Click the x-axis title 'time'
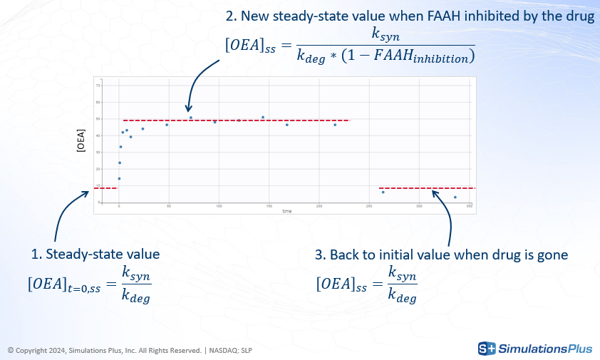286,211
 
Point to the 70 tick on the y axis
99,85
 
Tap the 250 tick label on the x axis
369,206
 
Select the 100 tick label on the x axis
219,206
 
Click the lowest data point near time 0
119,178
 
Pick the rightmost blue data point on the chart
455,197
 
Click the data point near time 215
335,125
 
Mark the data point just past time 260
383,192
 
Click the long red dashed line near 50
235,120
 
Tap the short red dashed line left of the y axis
105,187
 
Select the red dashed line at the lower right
426,187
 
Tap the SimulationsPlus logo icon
487,349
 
